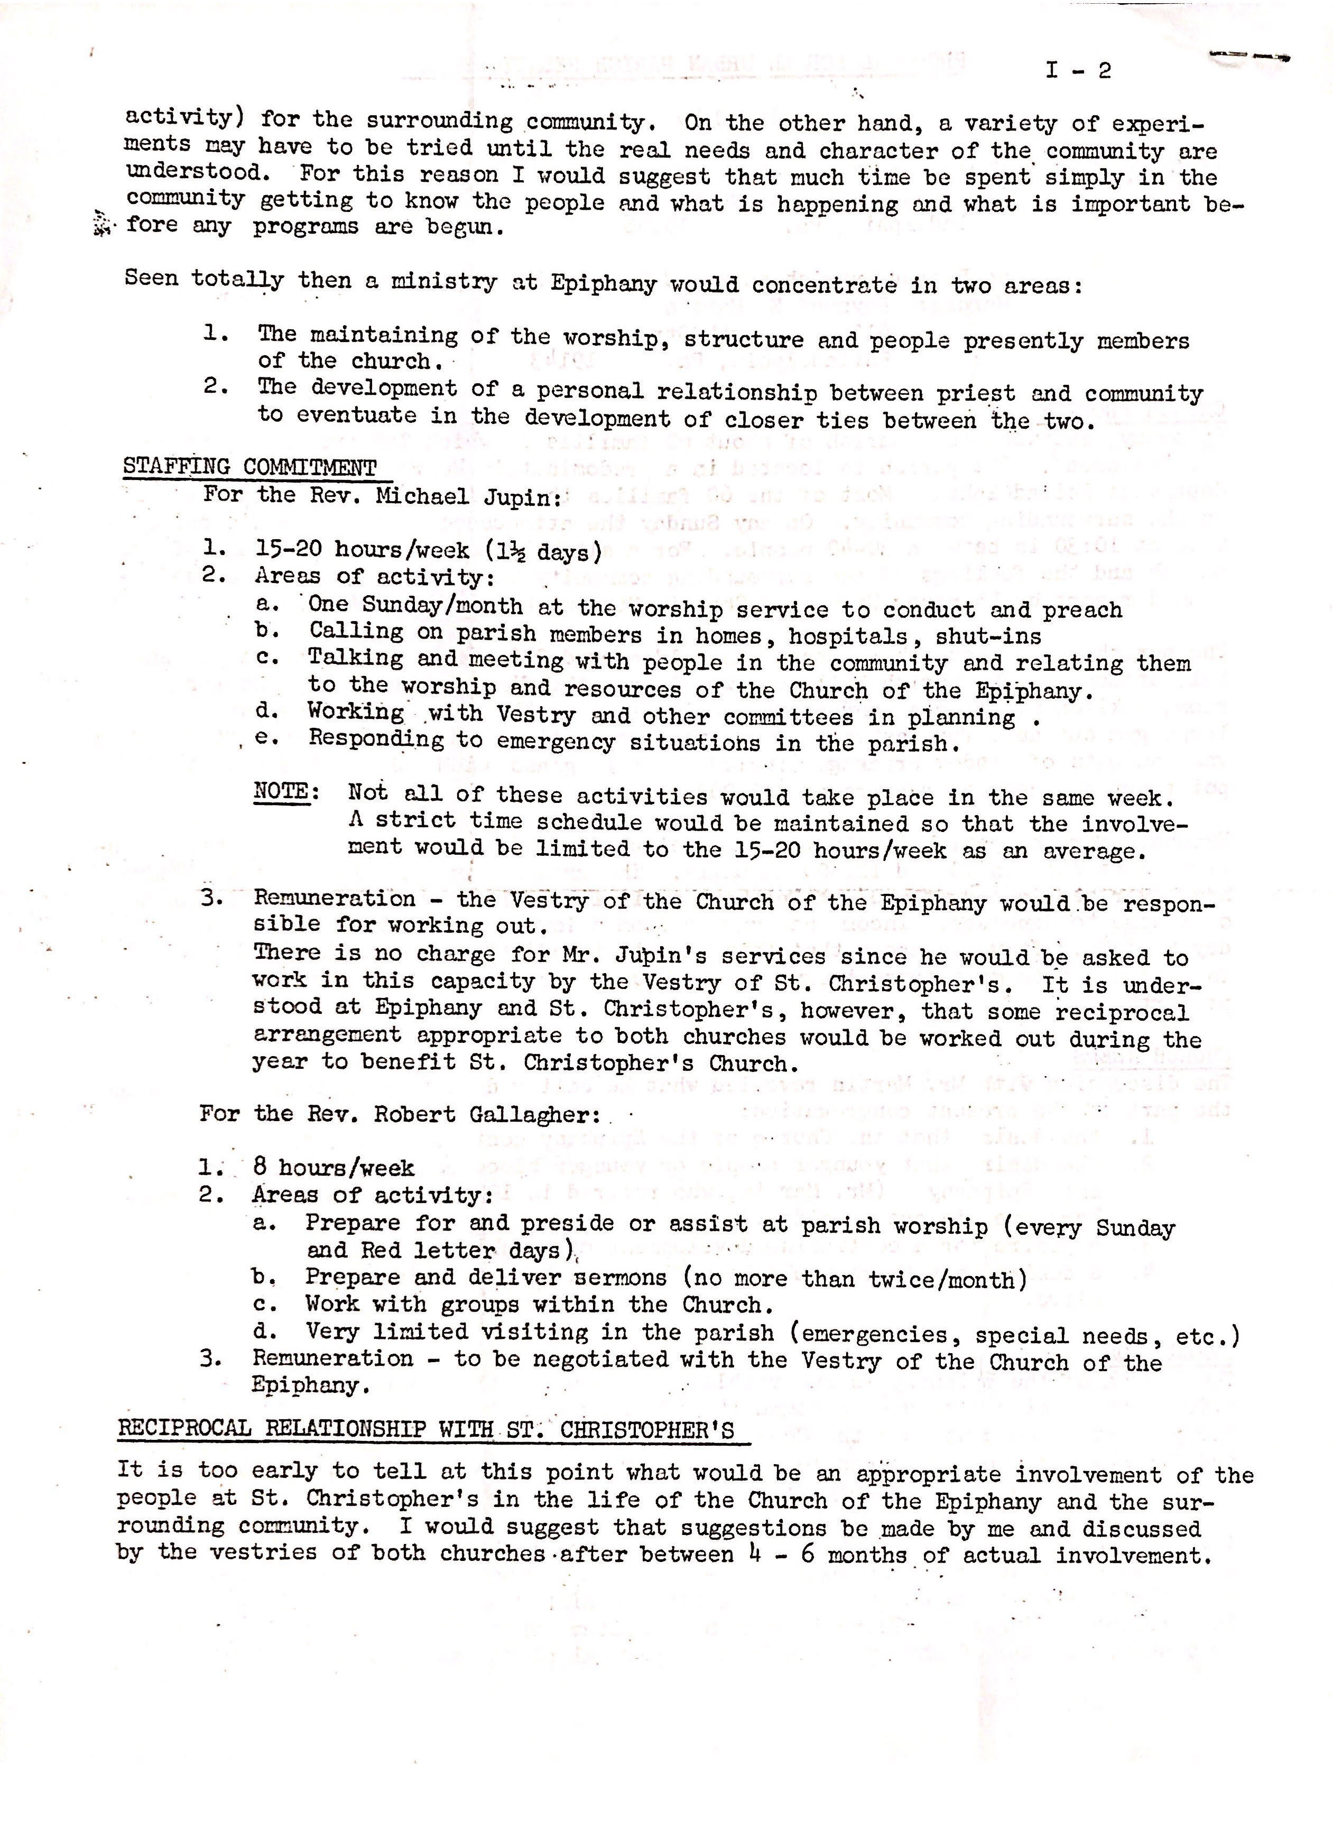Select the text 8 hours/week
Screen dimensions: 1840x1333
(334, 1168)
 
